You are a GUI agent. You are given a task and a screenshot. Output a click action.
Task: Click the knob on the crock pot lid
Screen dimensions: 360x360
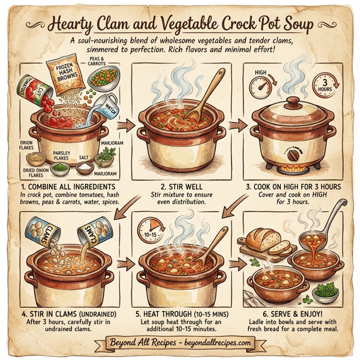(x=292, y=101)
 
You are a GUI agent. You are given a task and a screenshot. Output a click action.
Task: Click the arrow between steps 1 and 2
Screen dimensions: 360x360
(x=125, y=127)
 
